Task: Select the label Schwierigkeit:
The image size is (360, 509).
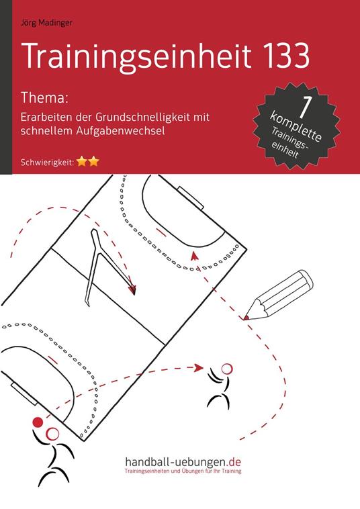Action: click(x=46, y=163)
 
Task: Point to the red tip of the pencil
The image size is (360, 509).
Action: click(x=248, y=314)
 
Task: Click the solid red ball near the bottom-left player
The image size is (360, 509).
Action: click(x=38, y=422)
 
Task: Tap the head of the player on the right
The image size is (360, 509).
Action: click(x=226, y=368)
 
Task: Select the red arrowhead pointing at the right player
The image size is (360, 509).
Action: click(x=199, y=367)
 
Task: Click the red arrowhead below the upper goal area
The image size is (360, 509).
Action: click(x=194, y=255)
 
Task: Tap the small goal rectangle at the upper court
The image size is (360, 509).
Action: click(x=194, y=200)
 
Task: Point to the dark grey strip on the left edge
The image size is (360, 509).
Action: click(x=5, y=87)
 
